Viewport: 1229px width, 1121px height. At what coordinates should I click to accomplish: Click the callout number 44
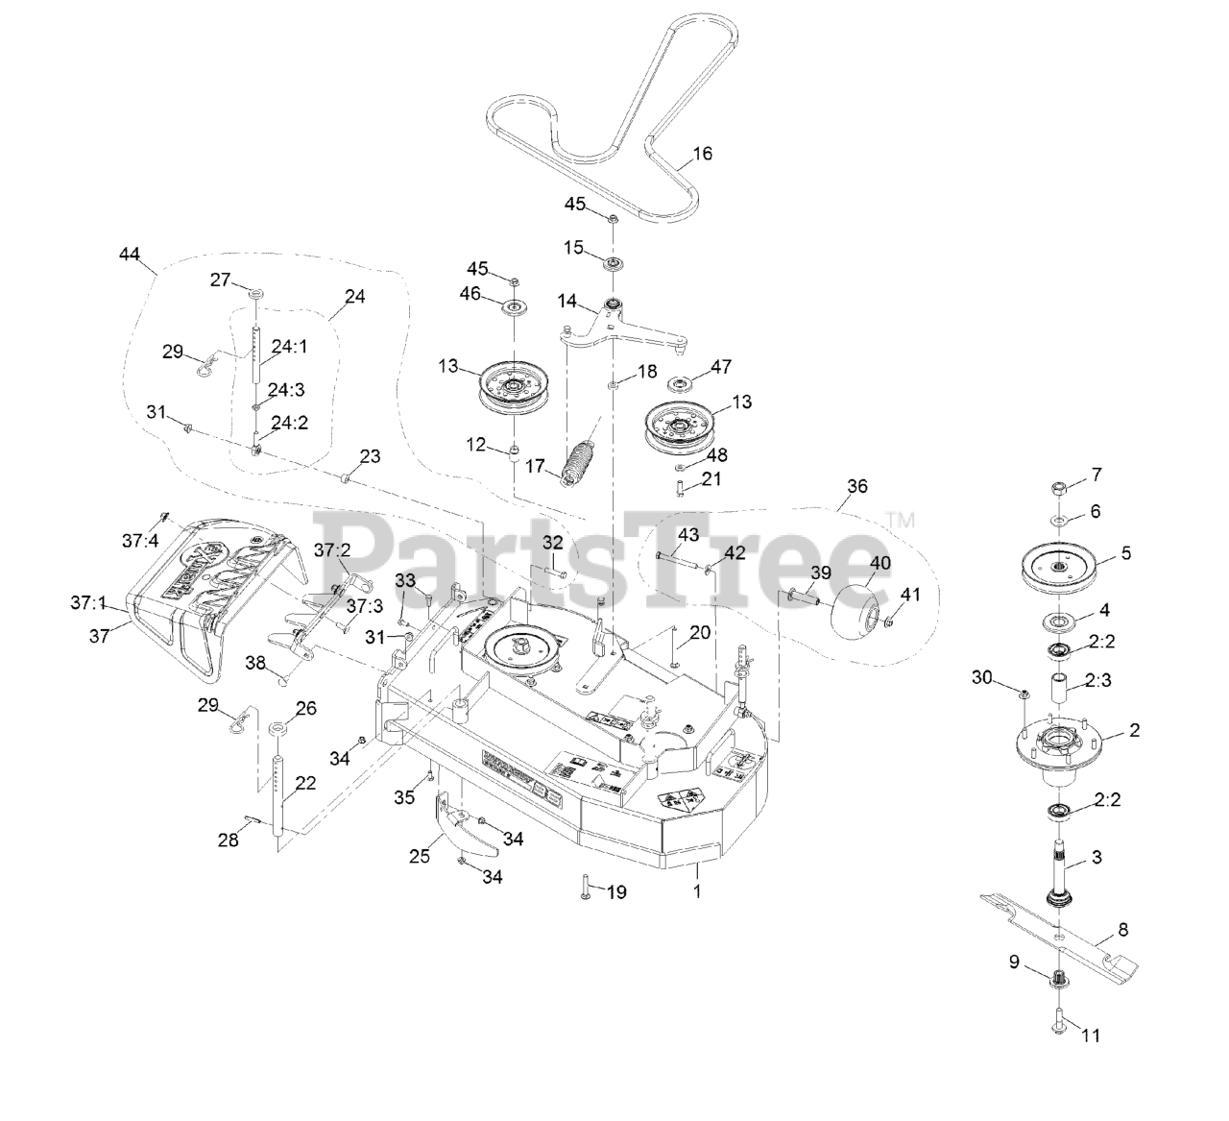(130, 255)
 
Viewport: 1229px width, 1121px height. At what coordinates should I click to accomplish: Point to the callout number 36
(857, 486)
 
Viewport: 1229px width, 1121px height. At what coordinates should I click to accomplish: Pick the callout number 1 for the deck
(697, 891)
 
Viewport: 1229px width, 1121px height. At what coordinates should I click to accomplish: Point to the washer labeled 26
(276, 727)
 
